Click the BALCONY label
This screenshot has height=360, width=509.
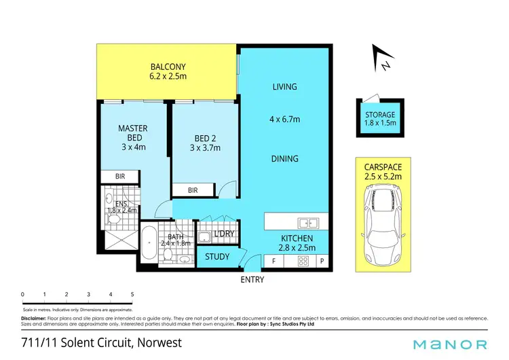(168, 67)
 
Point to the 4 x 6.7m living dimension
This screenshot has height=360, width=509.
(285, 120)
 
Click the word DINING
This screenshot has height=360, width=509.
(285, 159)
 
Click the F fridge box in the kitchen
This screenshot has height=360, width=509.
(274, 260)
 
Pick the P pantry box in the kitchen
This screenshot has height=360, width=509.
(322, 260)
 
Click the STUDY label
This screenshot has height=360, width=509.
(217, 257)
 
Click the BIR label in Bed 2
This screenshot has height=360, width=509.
(193, 191)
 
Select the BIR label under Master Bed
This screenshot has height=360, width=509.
(120, 175)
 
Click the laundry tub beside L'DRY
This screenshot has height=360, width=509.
(204, 237)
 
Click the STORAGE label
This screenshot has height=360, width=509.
(379, 115)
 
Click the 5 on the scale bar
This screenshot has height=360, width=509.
(132, 294)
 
